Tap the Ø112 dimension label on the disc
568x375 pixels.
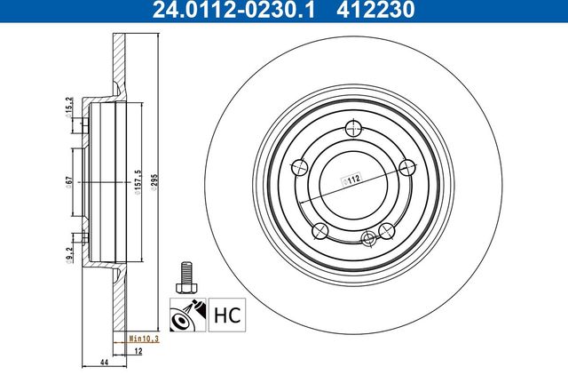(351, 180)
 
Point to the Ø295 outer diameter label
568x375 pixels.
(154, 182)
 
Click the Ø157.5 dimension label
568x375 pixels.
(138, 182)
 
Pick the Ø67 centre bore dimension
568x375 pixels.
(68, 182)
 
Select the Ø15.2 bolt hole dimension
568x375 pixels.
(68, 108)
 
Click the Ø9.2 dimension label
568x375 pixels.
(69, 255)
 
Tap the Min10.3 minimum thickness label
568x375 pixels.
(144, 339)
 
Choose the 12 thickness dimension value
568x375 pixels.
(138, 351)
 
